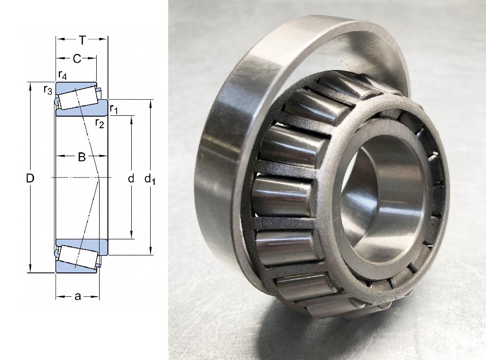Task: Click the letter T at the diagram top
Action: coord(82,40)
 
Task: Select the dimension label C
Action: coord(77,58)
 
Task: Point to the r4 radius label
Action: coord(63,75)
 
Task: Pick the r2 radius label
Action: coord(100,123)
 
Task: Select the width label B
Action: coord(82,157)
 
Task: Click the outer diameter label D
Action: coord(30,178)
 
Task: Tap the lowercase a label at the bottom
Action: coord(77,297)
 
